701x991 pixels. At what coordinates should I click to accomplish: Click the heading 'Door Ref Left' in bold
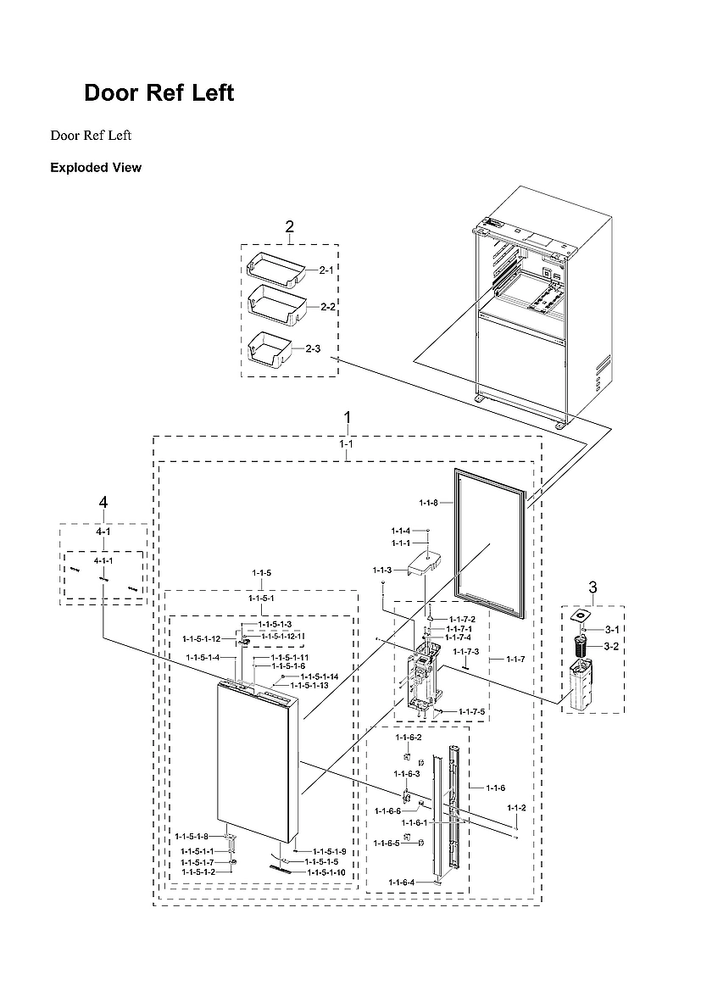[x=159, y=93]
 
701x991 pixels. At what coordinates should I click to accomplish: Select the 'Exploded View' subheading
[x=96, y=168]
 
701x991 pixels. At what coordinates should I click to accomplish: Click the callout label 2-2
[x=328, y=306]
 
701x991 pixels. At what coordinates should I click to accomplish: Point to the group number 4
[x=103, y=503]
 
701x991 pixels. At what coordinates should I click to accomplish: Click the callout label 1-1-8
[x=428, y=503]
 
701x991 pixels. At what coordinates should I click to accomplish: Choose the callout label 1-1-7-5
[x=472, y=711]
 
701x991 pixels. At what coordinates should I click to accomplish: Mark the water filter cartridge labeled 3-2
[x=582, y=649]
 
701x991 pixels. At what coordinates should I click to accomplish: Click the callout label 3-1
[x=612, y=630]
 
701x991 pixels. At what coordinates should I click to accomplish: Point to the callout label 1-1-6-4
[x=402, y=883]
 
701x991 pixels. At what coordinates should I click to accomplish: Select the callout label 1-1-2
[x=516, y=808]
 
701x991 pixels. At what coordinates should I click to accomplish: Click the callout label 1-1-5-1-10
[x=326, y=871]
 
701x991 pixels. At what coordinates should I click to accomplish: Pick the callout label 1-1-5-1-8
[x=192, y=837]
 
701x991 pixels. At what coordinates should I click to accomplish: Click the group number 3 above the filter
[x=593, y=587]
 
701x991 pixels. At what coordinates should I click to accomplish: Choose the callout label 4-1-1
[x=103, y=561]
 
